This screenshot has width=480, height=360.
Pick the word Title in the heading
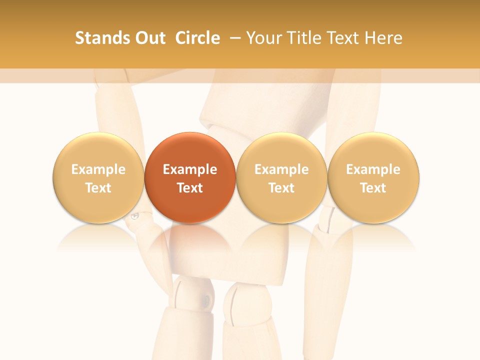303,38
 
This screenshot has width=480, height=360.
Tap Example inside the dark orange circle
190,169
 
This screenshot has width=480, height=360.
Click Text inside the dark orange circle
190,188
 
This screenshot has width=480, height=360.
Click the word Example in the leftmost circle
98,169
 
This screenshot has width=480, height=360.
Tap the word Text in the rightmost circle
373,188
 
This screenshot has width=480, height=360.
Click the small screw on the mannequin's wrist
134,216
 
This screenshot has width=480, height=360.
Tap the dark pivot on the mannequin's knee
205,300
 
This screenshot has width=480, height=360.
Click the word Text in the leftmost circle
98,188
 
